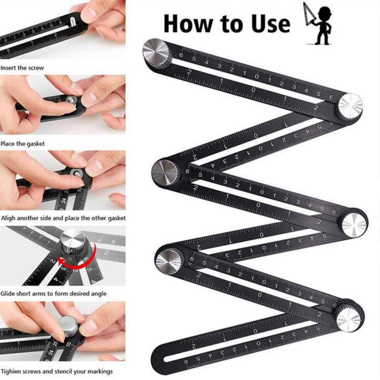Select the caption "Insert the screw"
pyautogui.click(x=22, y=68)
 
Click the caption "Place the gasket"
pyautogui.click(x=22, y=144)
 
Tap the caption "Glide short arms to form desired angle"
pyautogui.click(x=54, y=294)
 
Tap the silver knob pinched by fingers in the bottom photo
pyautogui.click(x=68, y=326)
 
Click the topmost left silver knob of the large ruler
pyautogui.click(x=157, y=53)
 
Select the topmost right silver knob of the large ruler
pyautogui.click(x=350, y=105)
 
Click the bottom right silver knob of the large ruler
pyautogui.click(x=348, y=318)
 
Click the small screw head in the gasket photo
pyautogui.click(x=71, y=100)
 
